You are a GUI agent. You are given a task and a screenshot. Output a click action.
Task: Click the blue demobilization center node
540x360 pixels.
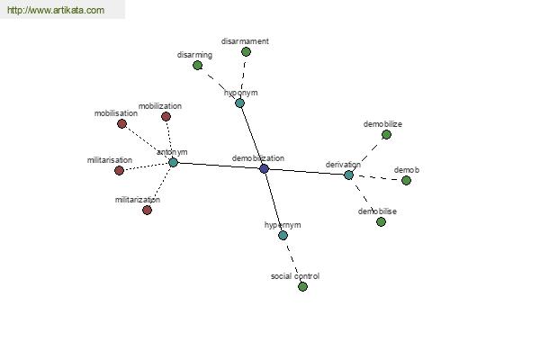click(264, 169)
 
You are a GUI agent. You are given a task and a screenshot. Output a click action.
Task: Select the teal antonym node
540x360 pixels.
click(173, 162)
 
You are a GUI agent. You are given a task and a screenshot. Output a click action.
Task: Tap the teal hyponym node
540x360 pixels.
click(239, 103)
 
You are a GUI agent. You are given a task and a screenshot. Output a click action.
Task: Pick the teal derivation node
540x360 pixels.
click(348, 175)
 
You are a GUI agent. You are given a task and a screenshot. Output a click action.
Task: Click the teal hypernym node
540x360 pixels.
click(283, 235)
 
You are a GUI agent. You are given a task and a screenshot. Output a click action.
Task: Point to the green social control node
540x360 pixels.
click(302, 286)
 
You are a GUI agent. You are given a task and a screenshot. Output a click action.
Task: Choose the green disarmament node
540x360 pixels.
click(246, 51)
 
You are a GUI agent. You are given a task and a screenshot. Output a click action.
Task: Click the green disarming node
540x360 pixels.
click(197, 65)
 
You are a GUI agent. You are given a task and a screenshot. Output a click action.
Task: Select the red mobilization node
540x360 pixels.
click(166, 116)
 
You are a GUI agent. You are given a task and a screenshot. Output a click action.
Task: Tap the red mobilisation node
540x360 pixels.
click(121, 123)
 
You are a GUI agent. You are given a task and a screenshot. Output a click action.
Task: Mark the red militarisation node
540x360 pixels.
click(119, 170)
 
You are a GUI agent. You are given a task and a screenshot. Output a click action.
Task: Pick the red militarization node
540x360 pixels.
click(147, 210)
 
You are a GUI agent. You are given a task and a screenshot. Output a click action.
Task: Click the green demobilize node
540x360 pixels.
click(386, 135)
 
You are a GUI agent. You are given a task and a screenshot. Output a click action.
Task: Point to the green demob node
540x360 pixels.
click(407, 180)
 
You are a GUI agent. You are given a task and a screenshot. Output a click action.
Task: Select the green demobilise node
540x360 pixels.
click(381, 222)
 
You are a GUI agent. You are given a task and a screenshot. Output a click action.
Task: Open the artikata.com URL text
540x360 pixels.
click(56, 10)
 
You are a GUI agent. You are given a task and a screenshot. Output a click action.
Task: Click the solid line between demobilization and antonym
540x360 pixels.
click(219, 166)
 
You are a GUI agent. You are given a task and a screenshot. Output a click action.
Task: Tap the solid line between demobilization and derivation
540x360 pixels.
click(307, 172)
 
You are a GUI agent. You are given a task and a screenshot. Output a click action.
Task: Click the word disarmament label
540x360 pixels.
click(245, 41)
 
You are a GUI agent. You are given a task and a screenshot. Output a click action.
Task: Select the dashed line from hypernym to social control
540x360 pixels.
click(292, 261)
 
